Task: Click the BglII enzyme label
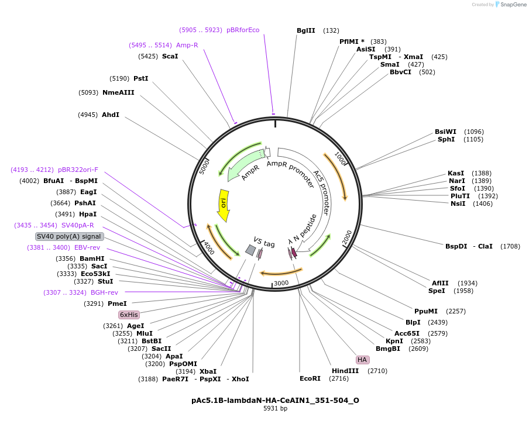305,30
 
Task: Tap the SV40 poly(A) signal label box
70,236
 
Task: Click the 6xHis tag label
129,315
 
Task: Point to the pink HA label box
362,360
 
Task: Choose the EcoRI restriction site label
310,379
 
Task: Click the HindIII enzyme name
345,371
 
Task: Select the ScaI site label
170,56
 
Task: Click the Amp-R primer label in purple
187,45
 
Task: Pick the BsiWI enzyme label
445,132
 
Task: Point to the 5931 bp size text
275,409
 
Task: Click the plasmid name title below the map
275,401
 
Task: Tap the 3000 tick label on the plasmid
281,283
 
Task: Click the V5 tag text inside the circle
264,242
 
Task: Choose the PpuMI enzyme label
426,311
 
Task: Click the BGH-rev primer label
104,292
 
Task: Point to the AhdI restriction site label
111,115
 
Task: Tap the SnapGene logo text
514,5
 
